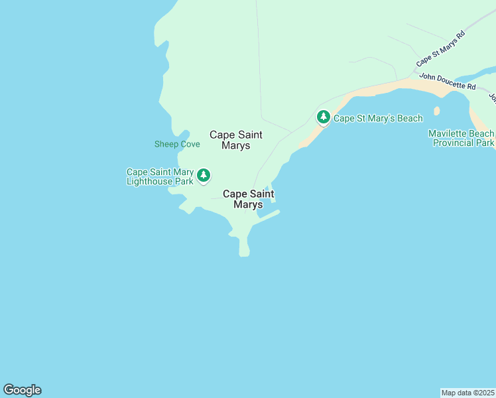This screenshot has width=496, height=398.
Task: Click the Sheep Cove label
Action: coord(177,144)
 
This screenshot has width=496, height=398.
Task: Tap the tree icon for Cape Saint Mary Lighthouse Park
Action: coord(204,175)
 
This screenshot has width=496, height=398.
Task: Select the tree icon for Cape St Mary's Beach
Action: coord(323,117)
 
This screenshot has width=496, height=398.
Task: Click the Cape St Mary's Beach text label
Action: coord(377,119)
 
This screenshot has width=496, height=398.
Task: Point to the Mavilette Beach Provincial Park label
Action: coord(461,138)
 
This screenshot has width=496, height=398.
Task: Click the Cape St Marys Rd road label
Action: coord(441,48)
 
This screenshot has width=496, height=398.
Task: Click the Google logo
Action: coord(22,390)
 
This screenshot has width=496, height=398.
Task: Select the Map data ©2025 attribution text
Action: coord(468,392)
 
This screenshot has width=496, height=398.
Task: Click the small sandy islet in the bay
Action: coord(436,111)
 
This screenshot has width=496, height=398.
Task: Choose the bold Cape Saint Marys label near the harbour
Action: coord(249,199)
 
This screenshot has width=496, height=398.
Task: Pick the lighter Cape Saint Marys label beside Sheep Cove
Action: coord(235,140)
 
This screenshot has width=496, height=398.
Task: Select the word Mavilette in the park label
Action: coord(448,133)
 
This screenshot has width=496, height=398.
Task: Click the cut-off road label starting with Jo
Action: coord(492,98)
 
